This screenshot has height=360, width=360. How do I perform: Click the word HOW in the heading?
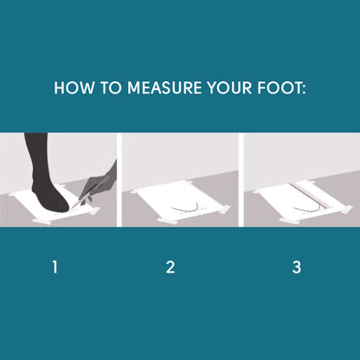point(74,87)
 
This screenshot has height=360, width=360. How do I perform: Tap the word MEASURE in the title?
point(164,87)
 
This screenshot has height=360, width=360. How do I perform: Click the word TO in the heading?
point(111,87)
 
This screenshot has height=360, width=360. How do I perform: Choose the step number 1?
point(55,267)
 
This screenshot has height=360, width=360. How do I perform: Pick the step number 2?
point(170,267)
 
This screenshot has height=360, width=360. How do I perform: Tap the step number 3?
point(297,267)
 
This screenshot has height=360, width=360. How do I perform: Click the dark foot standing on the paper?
point(49,197)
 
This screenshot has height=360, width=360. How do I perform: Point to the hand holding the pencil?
point(100,183)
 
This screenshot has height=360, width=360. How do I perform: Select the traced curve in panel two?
point(185,209)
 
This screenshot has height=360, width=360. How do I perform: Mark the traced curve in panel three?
point(307,209)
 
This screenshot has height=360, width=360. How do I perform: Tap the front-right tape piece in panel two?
point(224,209)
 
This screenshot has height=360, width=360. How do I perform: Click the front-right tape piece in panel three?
point(346,209)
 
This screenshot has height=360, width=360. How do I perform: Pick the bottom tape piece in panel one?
point(42,222)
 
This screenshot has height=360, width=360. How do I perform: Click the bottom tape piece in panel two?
point(167,221)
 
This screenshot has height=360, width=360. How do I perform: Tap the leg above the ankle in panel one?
point(36,156)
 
